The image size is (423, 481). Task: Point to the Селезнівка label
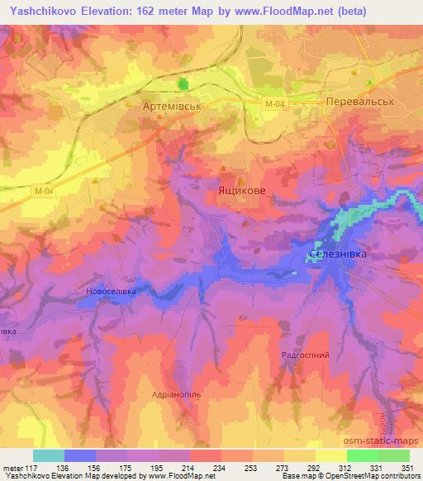337,255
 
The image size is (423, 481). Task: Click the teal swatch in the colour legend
49,455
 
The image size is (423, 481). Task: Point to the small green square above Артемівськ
183,84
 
